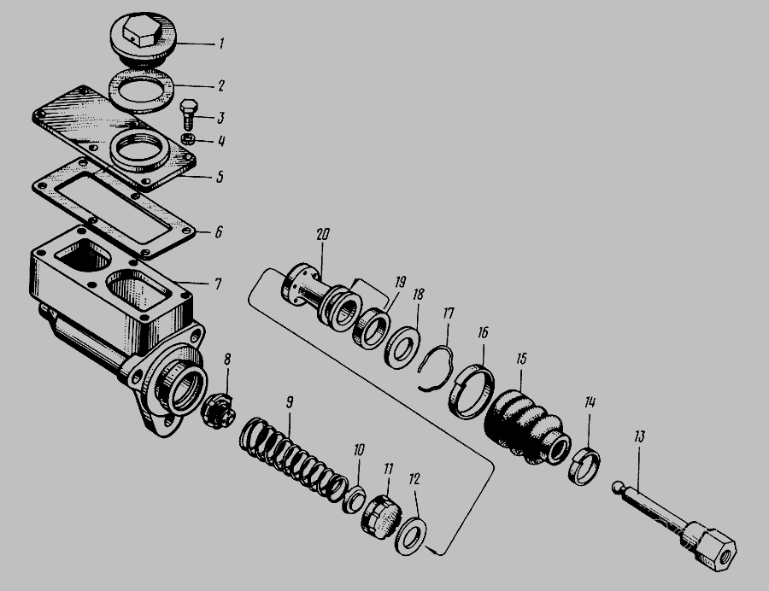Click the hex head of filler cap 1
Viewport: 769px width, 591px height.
click(142, 30)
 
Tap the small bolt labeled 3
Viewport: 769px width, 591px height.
click(189, 114)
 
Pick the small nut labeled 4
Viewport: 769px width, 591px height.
click(188, 139)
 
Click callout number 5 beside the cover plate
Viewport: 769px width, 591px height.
click(220, 177)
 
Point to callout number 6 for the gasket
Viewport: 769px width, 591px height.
click(219, 231)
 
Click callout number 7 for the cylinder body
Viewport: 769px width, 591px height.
click(218, 284)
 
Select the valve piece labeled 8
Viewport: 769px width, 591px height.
click(218, 411)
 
